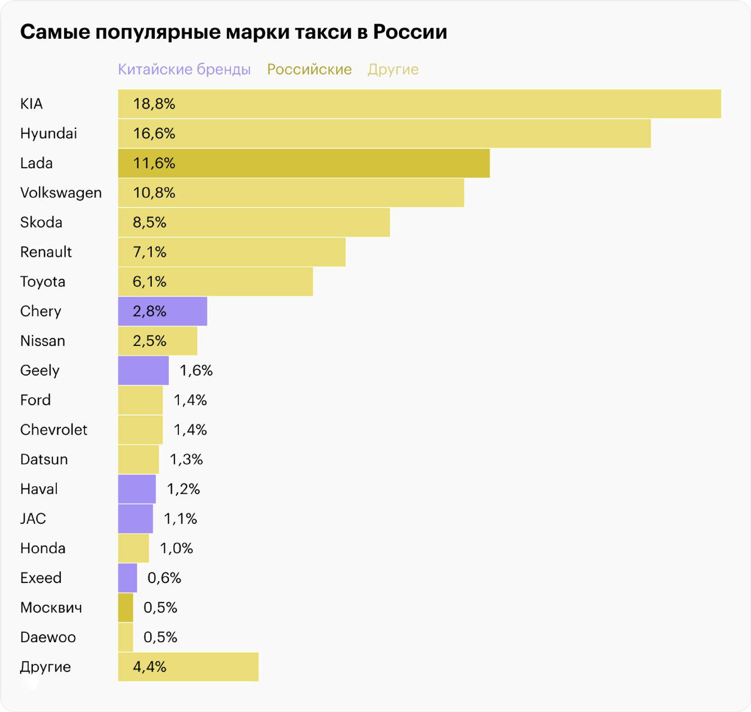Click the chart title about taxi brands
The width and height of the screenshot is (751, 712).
(234, 32)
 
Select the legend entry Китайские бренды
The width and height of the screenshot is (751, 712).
(184, 69)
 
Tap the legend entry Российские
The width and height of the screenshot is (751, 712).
(309, 69)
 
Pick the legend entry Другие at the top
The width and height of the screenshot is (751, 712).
(393, 69)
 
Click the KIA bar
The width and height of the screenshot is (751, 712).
(420, 104)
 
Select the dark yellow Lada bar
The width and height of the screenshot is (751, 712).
(304, 163)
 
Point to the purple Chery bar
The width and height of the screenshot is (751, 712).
(163, 311)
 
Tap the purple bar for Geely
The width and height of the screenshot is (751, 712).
(143, 371)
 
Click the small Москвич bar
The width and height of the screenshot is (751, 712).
(126, 608)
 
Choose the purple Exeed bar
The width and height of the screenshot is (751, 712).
(127, 578)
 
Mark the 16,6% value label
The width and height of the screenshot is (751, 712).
(154, 134)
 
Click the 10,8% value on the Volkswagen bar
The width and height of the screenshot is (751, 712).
(154, 193)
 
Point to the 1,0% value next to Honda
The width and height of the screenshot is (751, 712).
(177, 548)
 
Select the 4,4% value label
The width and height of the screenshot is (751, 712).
(150, 667)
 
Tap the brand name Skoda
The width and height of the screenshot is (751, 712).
(41, 222)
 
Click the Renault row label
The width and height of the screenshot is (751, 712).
(46, 252)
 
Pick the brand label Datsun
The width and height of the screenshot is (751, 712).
(44, 459)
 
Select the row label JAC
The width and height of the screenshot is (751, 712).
(33, 518)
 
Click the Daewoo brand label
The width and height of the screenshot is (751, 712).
(48, 638)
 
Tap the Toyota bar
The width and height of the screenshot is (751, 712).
(215, 282)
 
